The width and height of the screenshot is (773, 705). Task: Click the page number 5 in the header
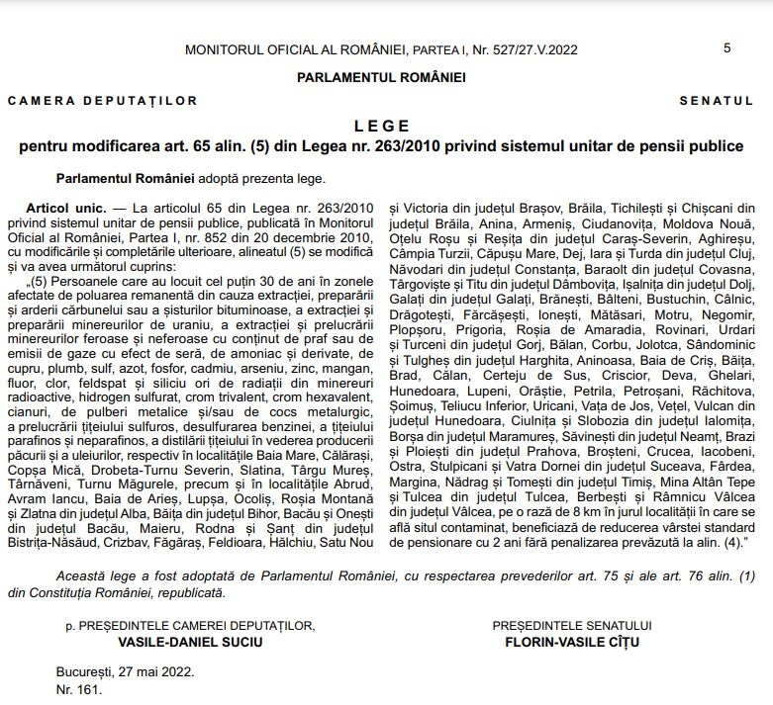(x=727, y=47)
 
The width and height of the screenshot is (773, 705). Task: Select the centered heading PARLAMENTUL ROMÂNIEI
(x=381, y=77)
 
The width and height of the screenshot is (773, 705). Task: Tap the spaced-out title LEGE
(x=381, y=127)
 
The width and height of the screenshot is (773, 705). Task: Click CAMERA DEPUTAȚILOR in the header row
(x=103, y=101)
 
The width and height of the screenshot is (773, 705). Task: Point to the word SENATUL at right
(x=717, y=101)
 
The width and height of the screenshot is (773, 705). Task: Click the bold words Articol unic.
(x=65, y=209)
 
